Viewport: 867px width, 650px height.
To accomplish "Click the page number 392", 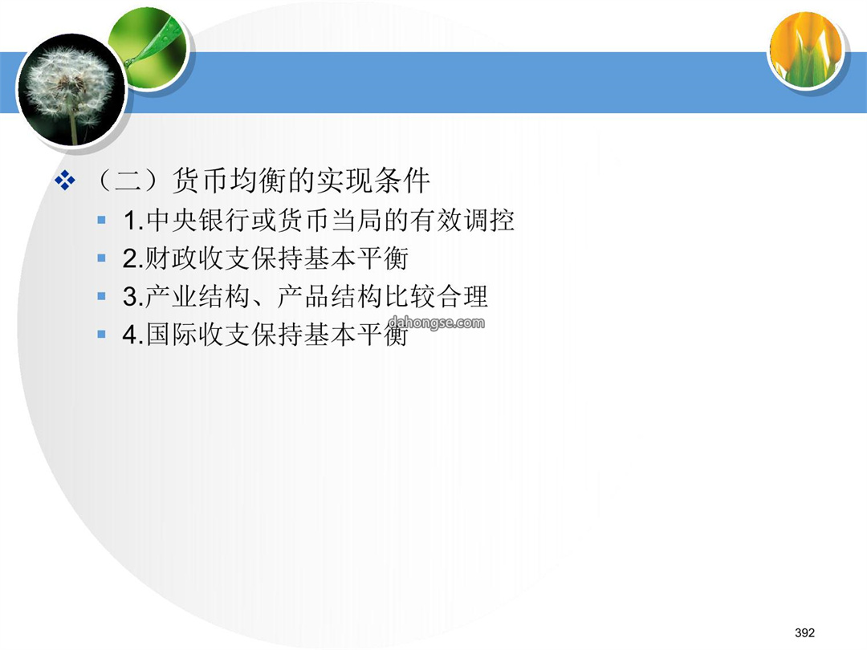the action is point(804,632).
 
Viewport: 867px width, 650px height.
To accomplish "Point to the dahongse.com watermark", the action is point(437,323).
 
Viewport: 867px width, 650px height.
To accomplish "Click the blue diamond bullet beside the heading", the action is point(65,181).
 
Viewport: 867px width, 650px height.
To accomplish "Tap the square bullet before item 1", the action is point(101,220).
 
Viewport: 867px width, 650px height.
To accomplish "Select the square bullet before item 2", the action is point(101,258).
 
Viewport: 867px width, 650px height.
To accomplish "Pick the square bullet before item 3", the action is point(101,296).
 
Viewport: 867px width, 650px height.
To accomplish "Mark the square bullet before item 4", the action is point(101,334).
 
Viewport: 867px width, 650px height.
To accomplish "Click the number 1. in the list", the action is point(134,221).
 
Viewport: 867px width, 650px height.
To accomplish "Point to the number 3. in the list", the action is point(133,297).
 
